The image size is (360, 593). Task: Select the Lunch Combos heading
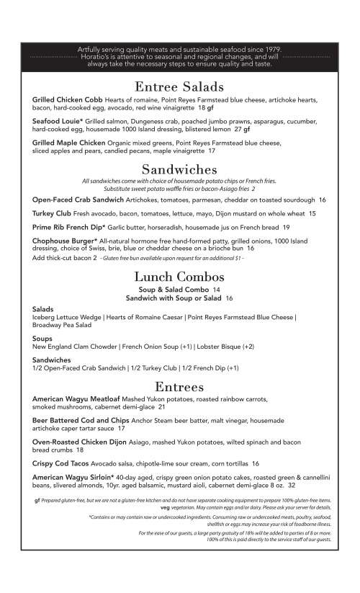pos(179,277)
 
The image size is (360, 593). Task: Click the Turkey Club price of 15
pos(312,214)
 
